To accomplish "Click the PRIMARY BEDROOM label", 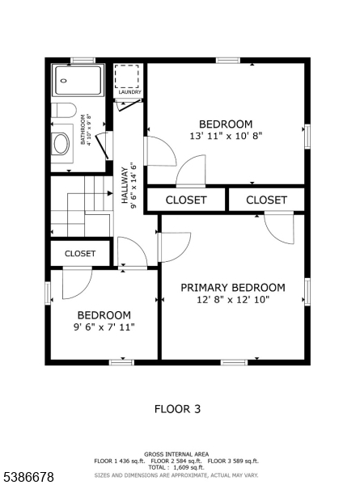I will click(232, 288).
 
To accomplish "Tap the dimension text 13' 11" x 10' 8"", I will click(226, 136).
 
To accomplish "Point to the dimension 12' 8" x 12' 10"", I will click(232, 300).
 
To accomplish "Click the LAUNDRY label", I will click(129, 92).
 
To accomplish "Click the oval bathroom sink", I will click(61, 144).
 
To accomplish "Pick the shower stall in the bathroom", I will click(78, 82).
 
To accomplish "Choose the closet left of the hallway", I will click(80, 253).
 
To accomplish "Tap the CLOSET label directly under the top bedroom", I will click(186, 200).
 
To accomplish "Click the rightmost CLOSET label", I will click(266, 200).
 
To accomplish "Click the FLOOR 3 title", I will click(177, 409).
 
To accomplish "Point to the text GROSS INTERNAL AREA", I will click(176, 454).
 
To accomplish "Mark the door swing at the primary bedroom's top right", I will click(279, 227).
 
